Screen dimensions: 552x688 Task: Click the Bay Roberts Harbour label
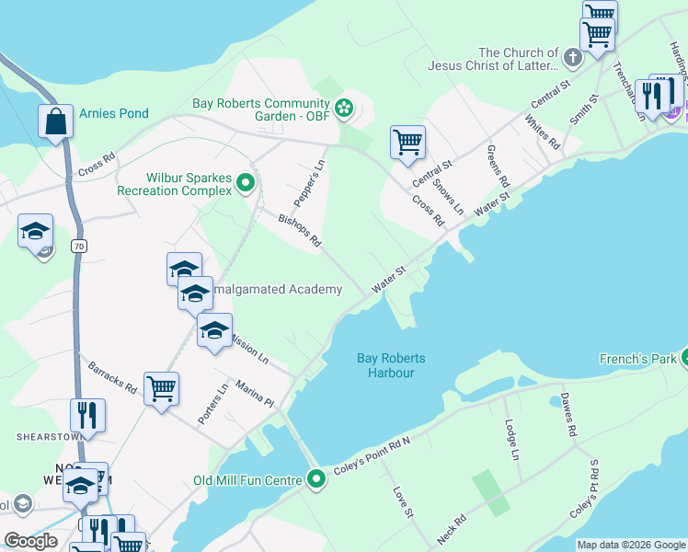pos(385,365)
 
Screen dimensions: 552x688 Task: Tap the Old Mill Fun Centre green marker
pos(316,479)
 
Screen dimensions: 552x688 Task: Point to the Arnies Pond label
pos(114,114)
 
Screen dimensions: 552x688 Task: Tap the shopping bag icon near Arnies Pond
pos(55,121)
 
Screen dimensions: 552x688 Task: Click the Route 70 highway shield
pos(79,247)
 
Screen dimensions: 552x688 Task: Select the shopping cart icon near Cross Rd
pos(407,143)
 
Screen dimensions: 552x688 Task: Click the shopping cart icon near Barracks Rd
pos(161,389)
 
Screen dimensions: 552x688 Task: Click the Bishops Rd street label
pos(301,230)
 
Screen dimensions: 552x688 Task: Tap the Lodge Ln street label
pos(510,440)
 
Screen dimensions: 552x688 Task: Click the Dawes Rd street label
pos(568,417)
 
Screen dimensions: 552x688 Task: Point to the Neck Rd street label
pos(452,527)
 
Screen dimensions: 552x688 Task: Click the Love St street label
pos(401,501)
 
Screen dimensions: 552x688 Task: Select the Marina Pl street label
pos(254,395)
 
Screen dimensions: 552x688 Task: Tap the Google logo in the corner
pos(30,541)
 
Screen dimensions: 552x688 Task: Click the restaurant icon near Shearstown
pos(88,416)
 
